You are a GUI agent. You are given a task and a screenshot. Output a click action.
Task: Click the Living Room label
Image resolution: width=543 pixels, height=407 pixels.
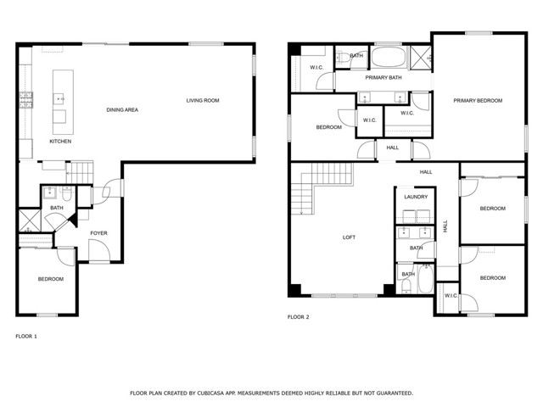pyautogui.click(x=203, y=101)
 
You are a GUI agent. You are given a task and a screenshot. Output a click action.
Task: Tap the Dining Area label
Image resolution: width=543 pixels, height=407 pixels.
pyautogui.click(x=122, y=110)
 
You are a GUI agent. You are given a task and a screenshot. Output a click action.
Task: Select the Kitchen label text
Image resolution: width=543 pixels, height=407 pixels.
pyautogui.click(x=60, y=142)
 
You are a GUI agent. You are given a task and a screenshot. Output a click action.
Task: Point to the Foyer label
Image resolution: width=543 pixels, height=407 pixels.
pyautogui.click(x=98, y=233)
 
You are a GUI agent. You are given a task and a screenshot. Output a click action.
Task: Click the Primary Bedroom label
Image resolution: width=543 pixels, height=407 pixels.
pyautogui.click(x=478, y=101)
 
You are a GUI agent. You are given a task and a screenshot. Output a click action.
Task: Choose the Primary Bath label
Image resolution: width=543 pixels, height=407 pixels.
pyautogui.click(x=383, y=77)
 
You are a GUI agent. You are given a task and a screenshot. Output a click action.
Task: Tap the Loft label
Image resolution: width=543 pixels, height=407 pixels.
pyautogui.click(x=349, y=237)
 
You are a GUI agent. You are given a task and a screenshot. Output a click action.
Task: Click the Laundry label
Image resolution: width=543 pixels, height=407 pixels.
pyautogui.click(x=416, y=197)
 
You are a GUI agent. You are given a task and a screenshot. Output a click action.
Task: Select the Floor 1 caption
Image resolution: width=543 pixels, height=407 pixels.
pyautogui.click(x=26, y=337)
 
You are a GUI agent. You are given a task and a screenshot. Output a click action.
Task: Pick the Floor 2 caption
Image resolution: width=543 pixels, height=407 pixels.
pyautogui.click(x=298, y=317)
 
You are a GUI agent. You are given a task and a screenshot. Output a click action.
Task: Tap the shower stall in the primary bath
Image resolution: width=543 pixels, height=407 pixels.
pyautogui.click(x=421, y=58)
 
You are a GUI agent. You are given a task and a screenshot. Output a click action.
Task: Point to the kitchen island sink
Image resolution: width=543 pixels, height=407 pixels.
pyautogui.click(x=59, y=99)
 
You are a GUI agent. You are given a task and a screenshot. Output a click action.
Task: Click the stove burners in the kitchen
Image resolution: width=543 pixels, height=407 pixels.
pyautogui.click(x=26, y=100)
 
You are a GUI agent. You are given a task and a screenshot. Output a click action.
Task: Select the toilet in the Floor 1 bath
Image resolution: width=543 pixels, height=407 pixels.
pyautogui.click(x=66, y=195)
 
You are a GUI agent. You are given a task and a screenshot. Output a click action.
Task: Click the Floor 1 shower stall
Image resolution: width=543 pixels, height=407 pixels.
pyautogui.click(x=29, y=220)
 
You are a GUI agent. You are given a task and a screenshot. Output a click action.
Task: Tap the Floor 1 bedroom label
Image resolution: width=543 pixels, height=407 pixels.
pyautogui.click(x=51, y=279)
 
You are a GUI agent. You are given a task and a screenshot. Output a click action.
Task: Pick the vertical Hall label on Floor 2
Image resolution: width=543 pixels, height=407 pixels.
pyautogui.click(x=445, y=226)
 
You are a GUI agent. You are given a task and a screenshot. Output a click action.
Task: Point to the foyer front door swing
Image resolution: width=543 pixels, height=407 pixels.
pyautogui.click(x=99, y=250)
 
